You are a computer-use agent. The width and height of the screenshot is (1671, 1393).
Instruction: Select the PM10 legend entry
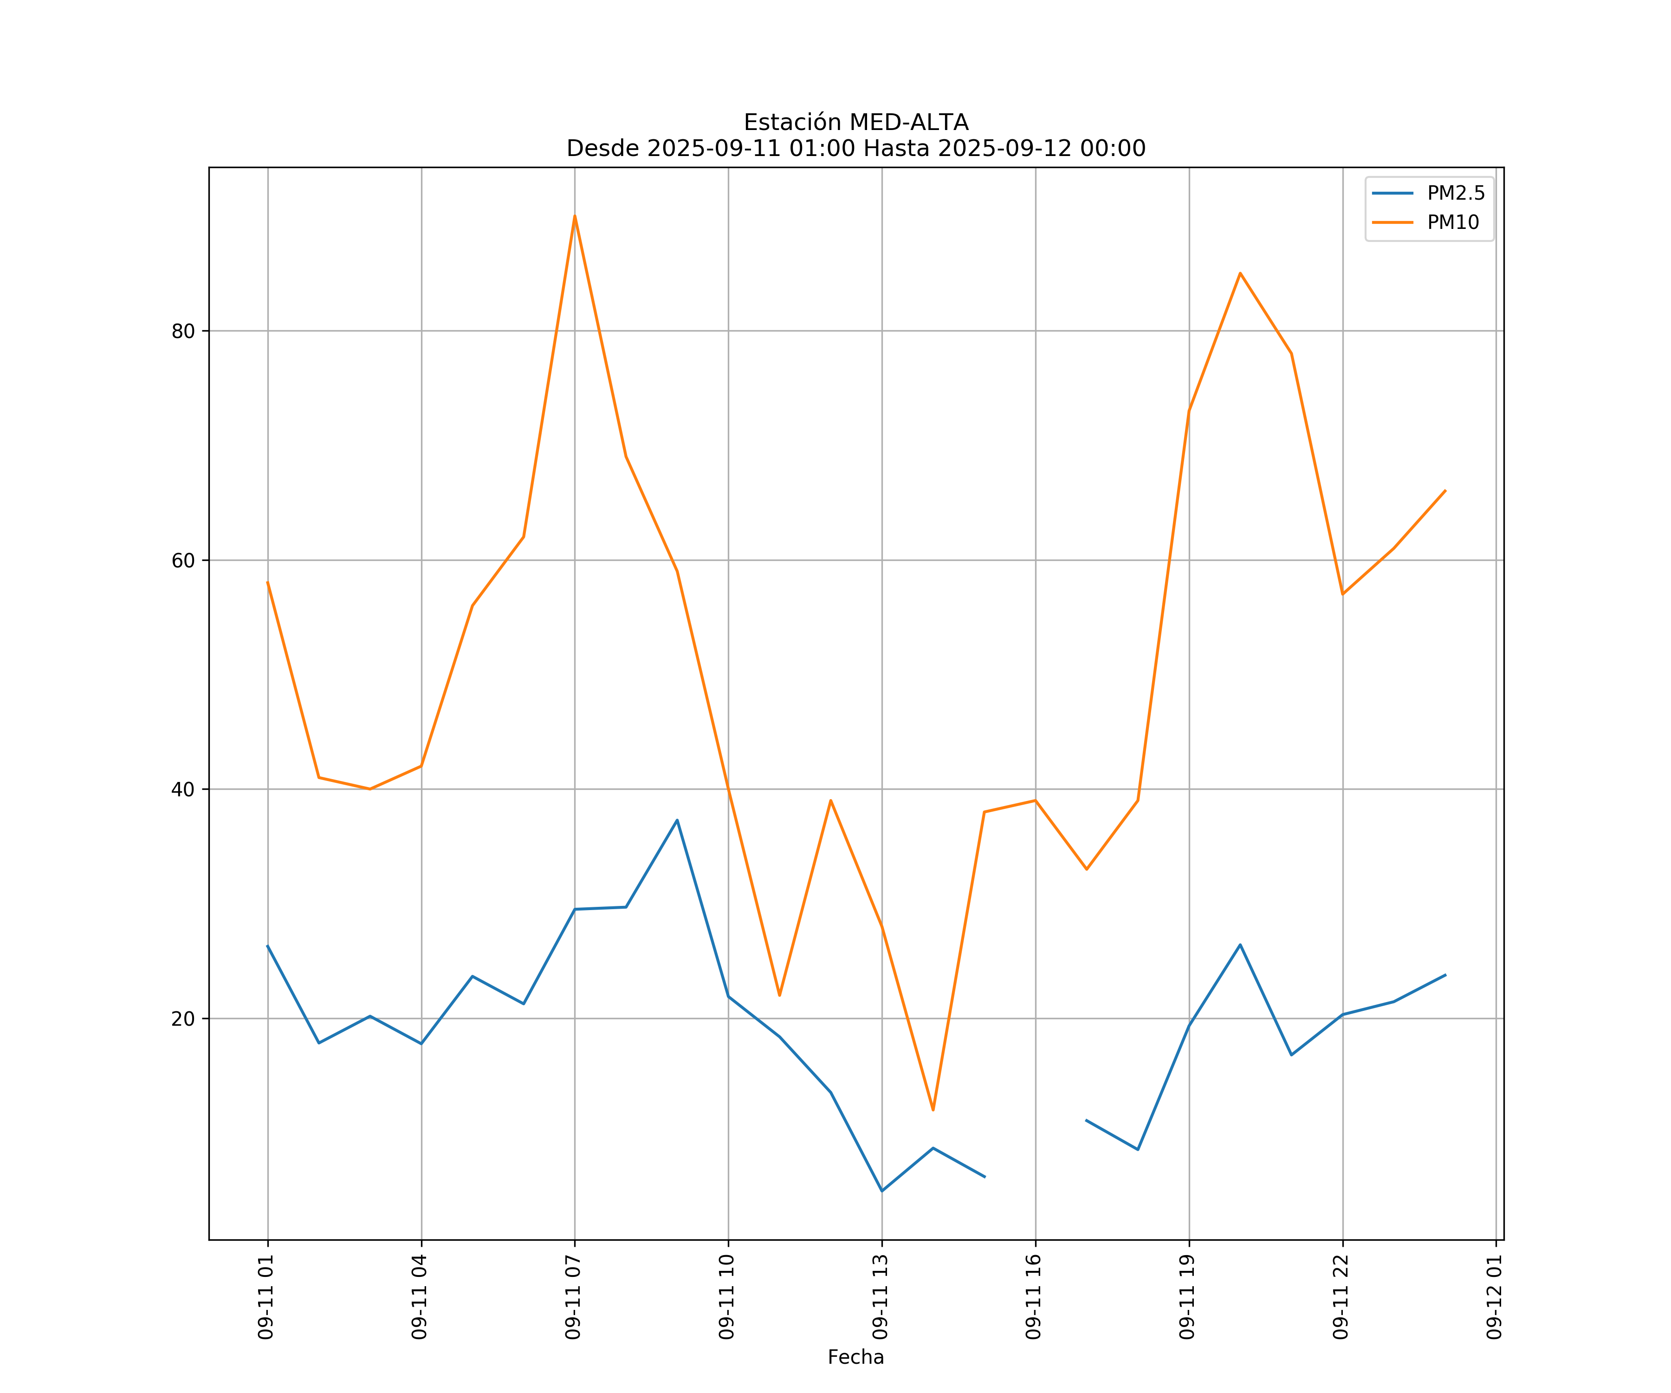1453,223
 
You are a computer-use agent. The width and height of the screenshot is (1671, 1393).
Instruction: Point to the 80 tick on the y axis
183,331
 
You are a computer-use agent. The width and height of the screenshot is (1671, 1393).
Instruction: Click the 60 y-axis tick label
183,560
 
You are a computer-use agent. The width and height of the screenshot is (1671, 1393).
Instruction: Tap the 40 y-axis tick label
183,790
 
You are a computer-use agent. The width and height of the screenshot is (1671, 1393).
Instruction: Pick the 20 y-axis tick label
183,1019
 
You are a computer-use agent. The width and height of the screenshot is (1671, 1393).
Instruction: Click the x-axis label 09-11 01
266,1297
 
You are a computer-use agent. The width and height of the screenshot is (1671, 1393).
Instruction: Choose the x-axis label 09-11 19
1188,1297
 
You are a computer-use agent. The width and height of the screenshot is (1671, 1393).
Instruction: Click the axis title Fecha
855,1357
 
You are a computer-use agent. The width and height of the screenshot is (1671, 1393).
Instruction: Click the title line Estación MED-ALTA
855,123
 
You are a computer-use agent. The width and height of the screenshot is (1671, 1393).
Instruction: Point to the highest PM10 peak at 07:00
575,216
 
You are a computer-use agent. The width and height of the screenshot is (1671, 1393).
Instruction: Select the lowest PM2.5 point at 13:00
881,1191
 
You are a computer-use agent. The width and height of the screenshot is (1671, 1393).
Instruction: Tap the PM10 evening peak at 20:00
1240,273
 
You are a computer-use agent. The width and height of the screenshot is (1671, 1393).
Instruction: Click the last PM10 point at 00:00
1445,490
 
